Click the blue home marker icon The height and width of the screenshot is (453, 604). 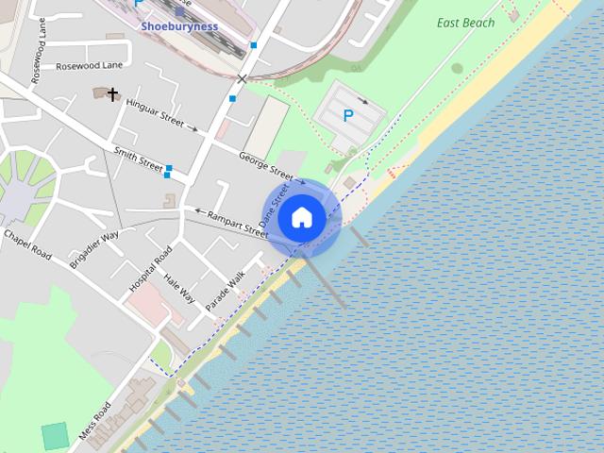point(301,218)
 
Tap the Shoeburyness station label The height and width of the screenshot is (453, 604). point(179,26)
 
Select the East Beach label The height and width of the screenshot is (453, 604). point(466,23)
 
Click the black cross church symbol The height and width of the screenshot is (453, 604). point(113,94)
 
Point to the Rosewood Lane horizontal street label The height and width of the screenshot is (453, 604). point(90,66)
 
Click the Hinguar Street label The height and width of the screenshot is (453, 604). point(155,113)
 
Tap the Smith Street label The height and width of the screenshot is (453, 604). point(138,158)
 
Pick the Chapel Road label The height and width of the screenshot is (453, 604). point(26,243)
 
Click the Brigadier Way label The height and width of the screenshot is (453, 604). point(94,249)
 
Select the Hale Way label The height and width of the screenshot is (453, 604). point(179,288)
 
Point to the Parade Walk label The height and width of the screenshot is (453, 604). point(225,291)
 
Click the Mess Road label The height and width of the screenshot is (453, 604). point(95,421)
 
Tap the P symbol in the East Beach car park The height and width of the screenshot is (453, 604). point(348,116)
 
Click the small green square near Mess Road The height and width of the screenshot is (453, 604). point(56,436)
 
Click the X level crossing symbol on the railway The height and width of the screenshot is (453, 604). point(243,79)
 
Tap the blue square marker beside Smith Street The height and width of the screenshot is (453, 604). point(168,173)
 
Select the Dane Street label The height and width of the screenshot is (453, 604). point(275,204)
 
